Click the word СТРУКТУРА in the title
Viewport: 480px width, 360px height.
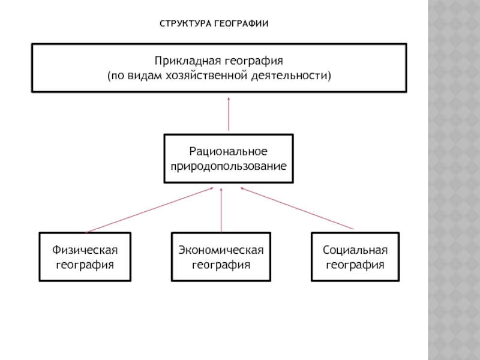point(185,23)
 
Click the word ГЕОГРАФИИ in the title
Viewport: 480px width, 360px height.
point(241,23)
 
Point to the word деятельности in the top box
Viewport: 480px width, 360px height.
point(290,76)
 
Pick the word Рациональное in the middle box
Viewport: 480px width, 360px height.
point(229,151)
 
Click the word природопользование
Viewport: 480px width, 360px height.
point(229,166)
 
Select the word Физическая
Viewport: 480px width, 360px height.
point(85,250)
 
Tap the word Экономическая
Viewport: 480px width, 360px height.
point(221,250)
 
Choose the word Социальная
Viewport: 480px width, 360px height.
point(355,250)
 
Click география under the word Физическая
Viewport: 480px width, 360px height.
point(85,265)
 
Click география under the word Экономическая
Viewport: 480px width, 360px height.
point(221,265)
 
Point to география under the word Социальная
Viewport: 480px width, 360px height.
point(355,265)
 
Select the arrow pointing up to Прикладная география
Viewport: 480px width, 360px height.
point(229,114)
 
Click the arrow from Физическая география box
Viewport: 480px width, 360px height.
point(149,211)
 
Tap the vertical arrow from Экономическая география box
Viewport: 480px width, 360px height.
point(221,211)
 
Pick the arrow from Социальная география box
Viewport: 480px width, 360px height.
point(296,208)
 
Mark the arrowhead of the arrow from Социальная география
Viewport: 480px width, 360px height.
point(242,188)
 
